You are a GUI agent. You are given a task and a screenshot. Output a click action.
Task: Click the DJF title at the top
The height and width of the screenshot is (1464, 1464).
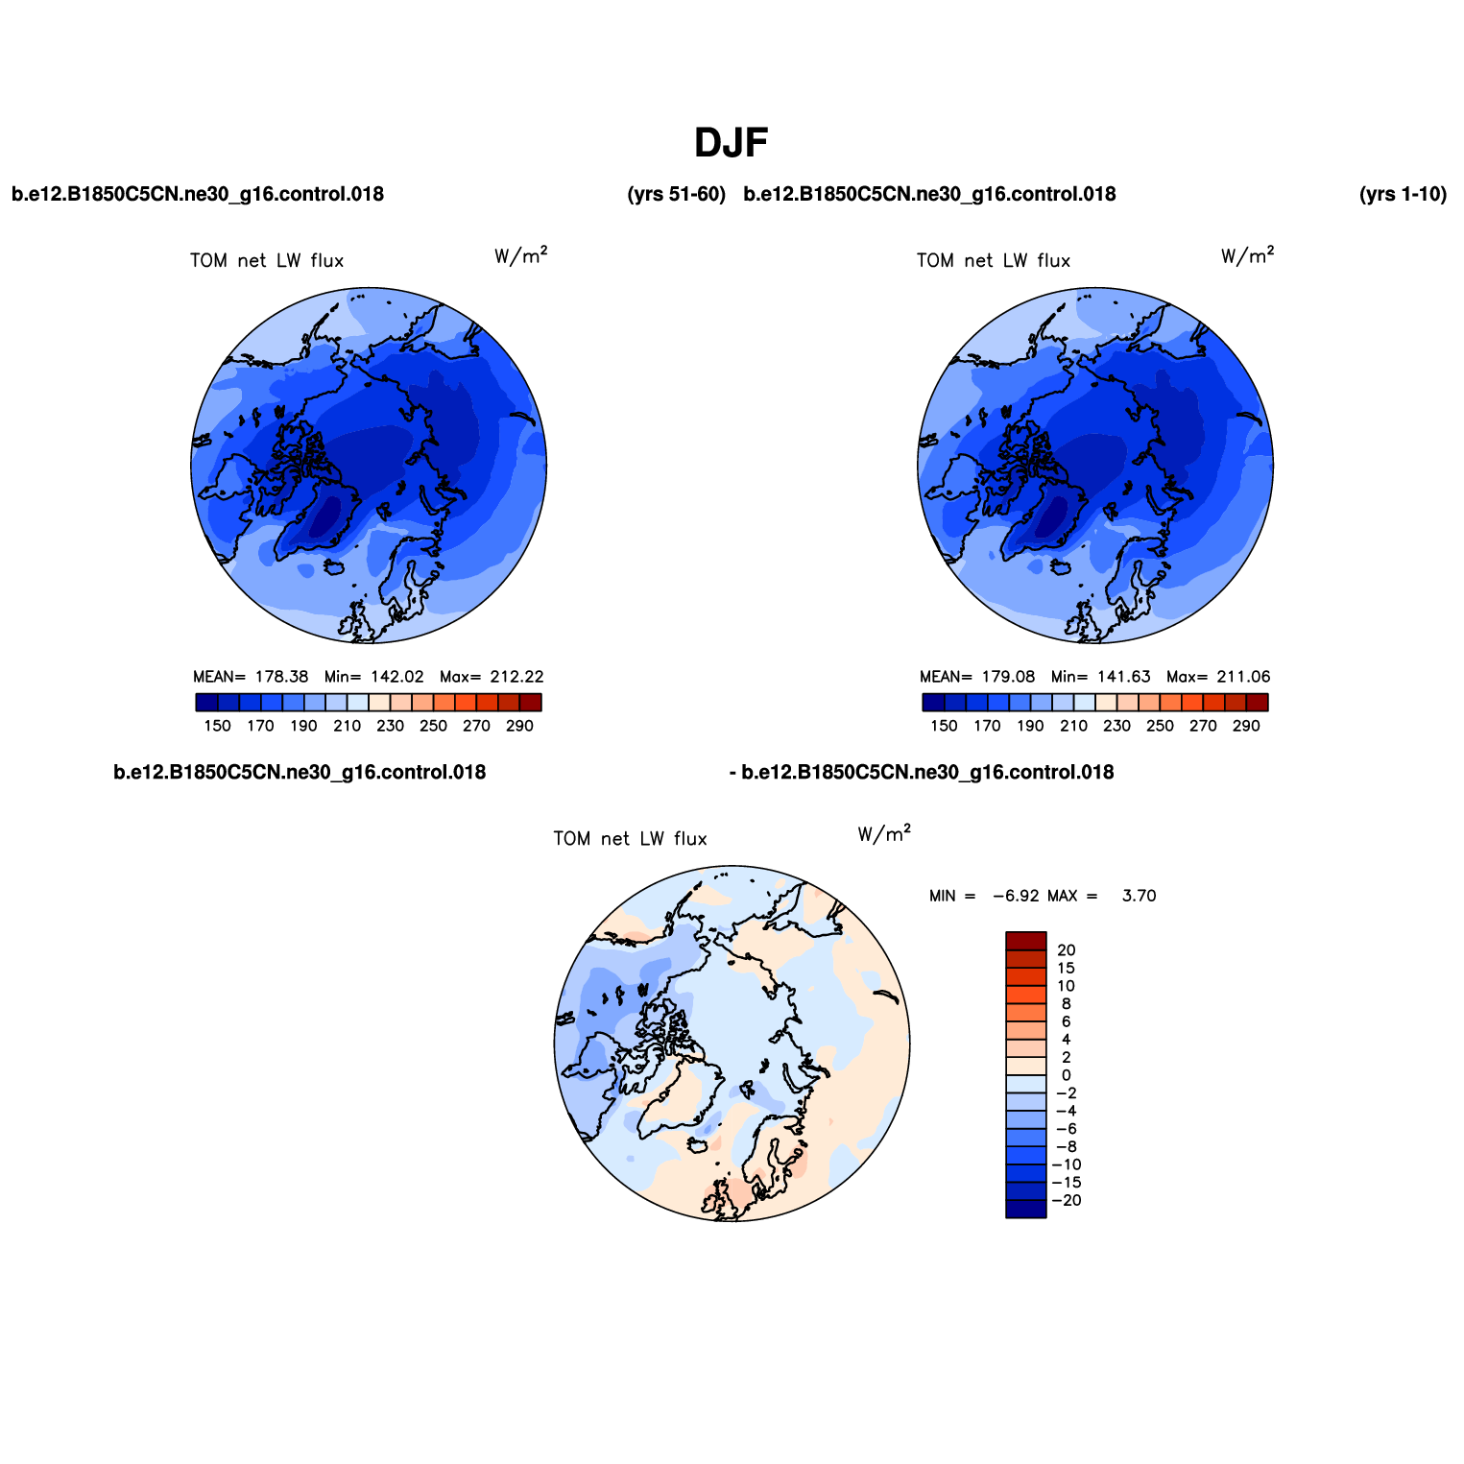(732, 143)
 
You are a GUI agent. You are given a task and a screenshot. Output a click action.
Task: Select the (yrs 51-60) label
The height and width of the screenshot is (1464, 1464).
(676, 194)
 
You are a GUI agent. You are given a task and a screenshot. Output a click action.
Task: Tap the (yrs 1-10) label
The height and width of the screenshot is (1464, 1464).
(1403, 194)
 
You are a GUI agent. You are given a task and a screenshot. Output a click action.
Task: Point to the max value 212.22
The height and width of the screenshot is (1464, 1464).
(516, 677)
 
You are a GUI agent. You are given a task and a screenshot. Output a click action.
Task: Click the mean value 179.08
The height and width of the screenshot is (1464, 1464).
(1008, 677)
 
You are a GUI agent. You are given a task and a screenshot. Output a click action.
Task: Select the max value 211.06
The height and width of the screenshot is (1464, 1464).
(1243, 677)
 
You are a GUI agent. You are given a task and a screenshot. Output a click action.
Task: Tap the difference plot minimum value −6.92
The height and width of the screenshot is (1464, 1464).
(1016, 896)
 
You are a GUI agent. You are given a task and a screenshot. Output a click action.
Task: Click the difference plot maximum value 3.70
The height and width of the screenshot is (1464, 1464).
(1140, 896)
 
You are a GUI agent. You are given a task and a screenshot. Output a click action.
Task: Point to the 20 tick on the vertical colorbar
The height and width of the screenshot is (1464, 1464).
(1066, 950)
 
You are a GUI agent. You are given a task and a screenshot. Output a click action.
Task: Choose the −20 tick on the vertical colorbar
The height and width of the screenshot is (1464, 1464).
(1067, 1200)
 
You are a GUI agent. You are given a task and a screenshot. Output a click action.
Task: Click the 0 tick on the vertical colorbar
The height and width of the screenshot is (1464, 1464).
(1067, 1075)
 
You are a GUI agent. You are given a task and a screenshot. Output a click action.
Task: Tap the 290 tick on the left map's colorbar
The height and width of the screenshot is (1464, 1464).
(519, 726)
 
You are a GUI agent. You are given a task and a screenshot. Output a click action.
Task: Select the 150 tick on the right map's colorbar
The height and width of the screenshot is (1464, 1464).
(944, 726)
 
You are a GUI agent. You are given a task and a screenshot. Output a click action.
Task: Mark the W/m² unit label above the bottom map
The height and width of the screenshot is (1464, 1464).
(884, 833)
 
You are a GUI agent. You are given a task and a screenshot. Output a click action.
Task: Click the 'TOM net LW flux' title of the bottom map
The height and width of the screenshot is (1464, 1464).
(630, 839)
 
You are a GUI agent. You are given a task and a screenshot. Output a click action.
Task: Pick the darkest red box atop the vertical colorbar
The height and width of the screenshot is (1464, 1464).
(1026, 941)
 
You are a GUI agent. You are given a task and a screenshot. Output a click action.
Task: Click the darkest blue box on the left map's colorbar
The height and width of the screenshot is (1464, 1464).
(206, 703)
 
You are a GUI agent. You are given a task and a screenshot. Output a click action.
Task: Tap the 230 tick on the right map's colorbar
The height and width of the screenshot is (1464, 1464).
(1116, 726)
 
